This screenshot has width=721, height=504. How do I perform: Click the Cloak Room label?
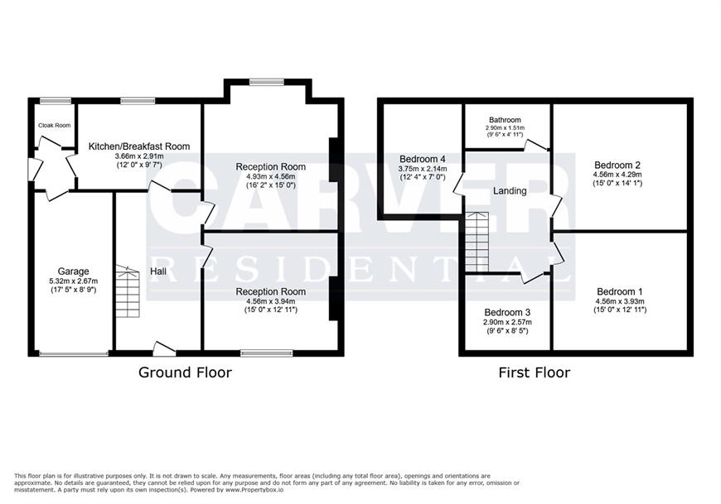point(54,125)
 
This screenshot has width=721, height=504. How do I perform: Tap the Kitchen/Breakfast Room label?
point(139,146)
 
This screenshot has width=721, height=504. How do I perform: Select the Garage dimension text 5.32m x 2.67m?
point(73,281)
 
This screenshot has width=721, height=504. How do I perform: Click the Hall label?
point(158,271)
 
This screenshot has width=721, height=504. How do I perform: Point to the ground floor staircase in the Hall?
point(127,291)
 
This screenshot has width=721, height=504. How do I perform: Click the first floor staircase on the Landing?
point(477,242)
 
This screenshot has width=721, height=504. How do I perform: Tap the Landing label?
point(510,190)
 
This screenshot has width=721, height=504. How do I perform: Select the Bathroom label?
point(505,120)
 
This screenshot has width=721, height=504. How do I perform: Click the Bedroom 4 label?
point(422,159)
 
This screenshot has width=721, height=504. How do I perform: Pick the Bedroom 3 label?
point(507,313)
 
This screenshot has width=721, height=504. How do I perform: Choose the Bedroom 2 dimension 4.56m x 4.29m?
point(617,175)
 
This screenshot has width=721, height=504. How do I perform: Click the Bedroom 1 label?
point(620,291)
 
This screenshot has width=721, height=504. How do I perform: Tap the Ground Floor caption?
point(185,372)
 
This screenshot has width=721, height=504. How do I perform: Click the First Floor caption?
point(535,372)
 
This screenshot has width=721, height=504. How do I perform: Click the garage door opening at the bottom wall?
point(74,353)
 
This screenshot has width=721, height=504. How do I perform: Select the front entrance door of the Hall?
point(165,349)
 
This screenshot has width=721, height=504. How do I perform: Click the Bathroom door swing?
point(535,145)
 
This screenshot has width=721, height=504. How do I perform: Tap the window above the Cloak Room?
point(52,100)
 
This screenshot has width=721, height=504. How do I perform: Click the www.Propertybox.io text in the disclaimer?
point(254,490)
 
